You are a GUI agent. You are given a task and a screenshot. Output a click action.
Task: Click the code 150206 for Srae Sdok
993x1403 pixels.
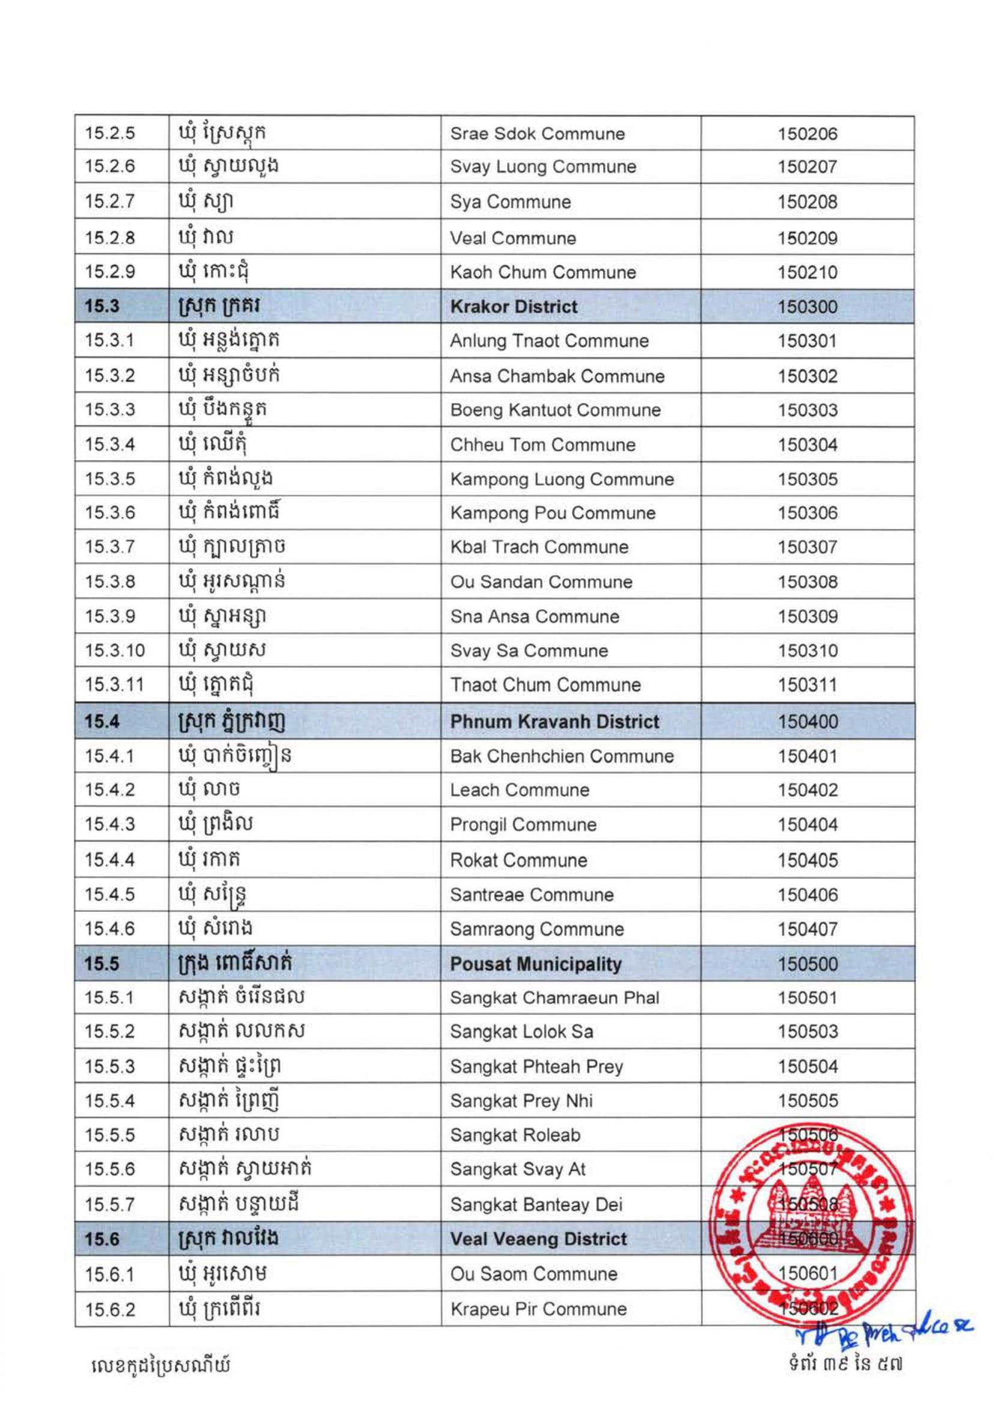(807, 134)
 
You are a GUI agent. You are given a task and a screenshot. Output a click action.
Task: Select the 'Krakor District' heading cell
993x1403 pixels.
(514, 307)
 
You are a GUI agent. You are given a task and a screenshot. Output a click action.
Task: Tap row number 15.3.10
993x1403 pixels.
(114, 651)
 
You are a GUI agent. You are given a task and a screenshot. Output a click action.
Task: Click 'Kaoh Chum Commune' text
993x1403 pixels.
(543, 273)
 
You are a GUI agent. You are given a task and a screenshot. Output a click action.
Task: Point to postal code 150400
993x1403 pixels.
(807, 722)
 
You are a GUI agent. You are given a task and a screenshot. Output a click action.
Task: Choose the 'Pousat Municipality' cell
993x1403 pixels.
(536, 964)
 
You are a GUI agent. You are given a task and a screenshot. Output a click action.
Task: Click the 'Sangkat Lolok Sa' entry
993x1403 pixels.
(521, 1032)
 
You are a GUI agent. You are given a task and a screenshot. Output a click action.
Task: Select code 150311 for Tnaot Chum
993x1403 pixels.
(807, 685)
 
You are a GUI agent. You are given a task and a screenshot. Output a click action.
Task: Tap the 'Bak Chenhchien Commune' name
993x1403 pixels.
(562, 756)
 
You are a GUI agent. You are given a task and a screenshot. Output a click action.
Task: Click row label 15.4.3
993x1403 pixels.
(109, 824)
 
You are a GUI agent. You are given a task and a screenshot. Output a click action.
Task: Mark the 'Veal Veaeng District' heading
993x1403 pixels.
(539, 1239)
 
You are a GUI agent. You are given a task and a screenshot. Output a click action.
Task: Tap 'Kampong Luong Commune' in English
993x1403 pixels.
(562, 480)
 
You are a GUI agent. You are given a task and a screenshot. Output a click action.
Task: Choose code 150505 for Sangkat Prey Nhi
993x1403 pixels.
(807, 1101)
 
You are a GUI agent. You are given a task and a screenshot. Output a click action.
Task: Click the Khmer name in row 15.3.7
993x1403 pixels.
(232, 547)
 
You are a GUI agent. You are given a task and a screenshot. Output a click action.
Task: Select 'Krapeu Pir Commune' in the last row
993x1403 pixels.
(538, 1309)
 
